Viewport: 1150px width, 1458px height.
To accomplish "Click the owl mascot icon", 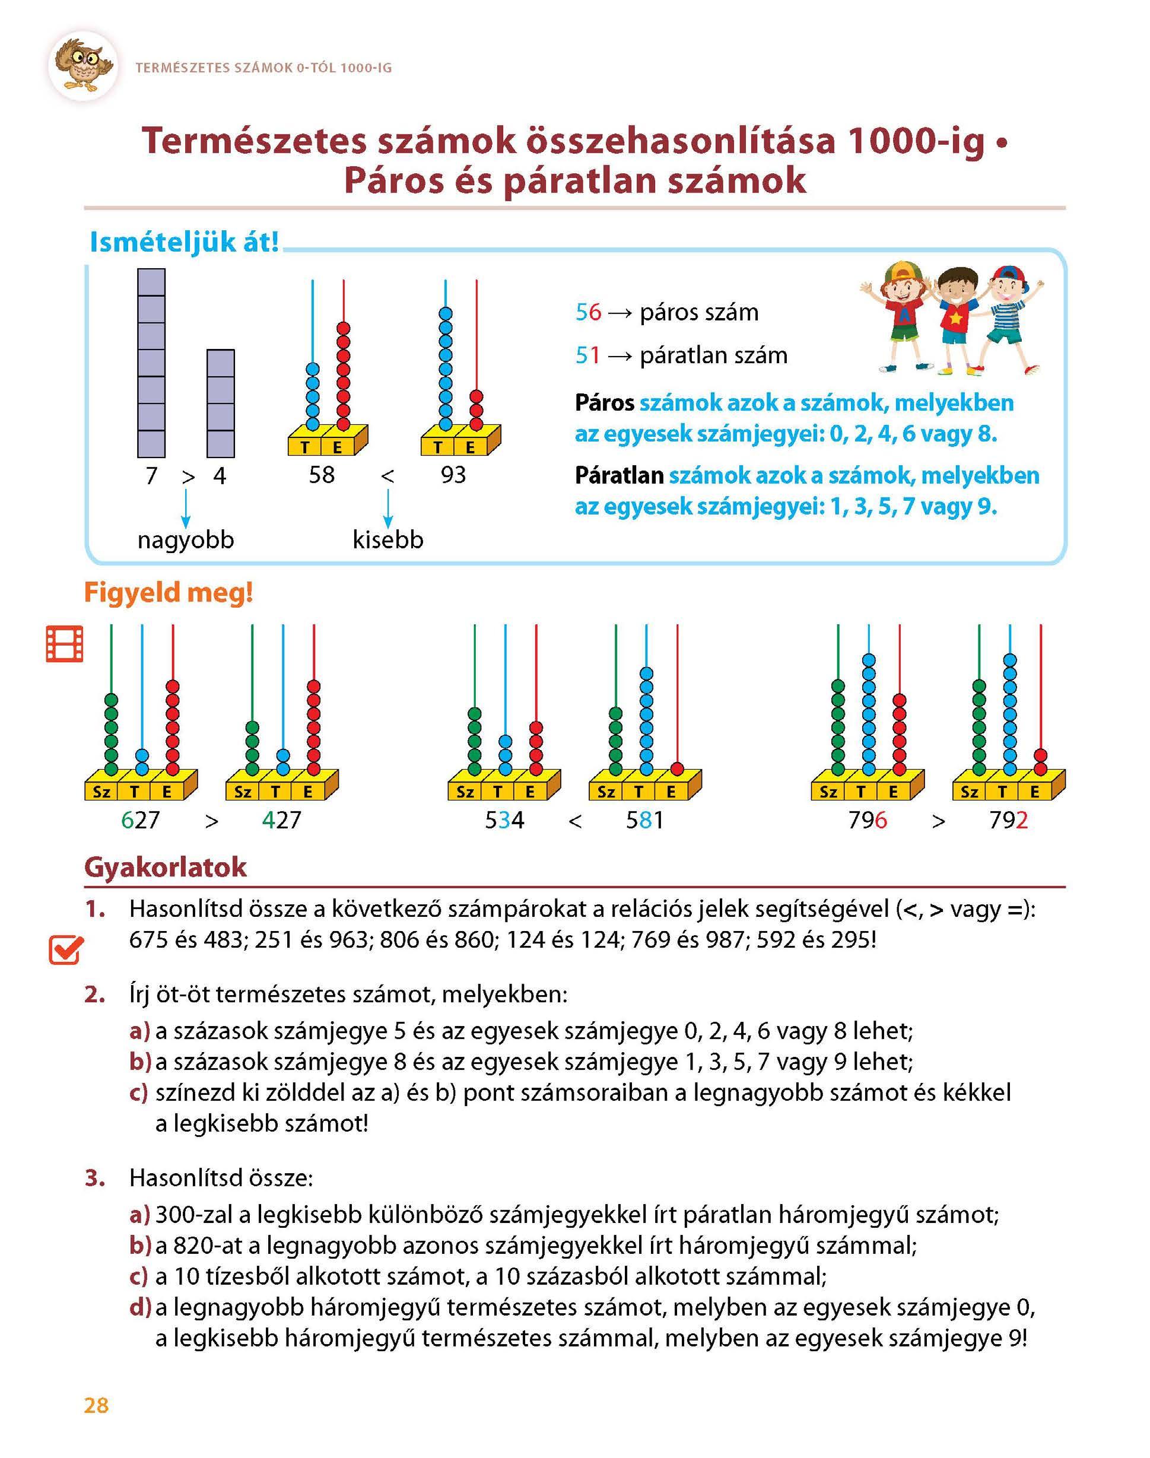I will [x=83, y=65].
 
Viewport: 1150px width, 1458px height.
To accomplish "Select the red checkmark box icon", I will [x=66, y=951].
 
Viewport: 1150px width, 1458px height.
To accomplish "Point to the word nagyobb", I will [x=185, y=540].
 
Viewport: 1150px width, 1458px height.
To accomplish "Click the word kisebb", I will [x=388, y=540].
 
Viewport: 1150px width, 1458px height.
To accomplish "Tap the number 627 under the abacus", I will [x=140, y=820].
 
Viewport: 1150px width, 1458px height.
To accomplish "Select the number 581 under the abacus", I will [x=644, y=820].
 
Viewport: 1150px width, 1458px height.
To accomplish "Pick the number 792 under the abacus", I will [x=1008, y=820].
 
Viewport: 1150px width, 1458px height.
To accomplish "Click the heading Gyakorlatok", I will [x=166, y=868].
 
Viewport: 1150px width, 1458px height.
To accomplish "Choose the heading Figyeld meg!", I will [x=169, y=593].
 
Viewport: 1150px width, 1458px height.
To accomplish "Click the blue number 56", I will [x=588, y=312].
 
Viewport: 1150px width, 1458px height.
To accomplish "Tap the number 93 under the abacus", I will [x=453, y=475].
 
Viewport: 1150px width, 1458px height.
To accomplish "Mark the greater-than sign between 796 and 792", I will [x=938, y=821].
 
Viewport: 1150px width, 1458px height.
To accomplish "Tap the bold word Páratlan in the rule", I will [x=619, y=476].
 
